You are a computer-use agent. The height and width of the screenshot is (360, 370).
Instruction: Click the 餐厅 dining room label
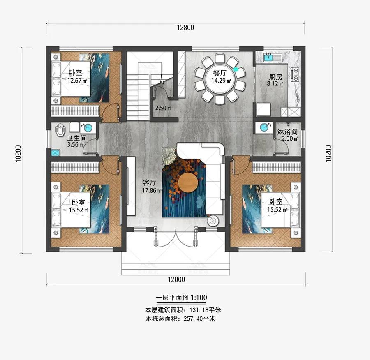point(220,72)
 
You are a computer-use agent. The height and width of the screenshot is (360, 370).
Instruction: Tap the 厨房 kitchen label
point(275,77)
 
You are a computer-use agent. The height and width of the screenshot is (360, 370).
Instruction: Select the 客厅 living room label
point(150,182)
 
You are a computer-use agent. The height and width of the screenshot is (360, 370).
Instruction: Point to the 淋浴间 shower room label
point(287,132)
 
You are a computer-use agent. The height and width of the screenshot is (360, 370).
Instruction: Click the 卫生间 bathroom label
point(76,138)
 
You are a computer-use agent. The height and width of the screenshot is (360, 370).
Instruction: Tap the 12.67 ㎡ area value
point(77,81)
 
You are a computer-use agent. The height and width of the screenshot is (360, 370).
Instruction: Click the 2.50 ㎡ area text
point(163,108)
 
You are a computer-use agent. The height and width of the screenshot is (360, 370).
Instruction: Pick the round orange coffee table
point(188,182)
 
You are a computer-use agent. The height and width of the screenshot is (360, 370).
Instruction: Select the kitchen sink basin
point(268,57)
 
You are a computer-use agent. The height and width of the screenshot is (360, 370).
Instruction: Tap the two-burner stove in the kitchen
point(296,74)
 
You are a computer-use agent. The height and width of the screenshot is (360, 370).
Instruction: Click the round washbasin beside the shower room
point(264,128)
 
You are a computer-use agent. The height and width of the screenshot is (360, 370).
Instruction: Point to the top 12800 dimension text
point(185,28)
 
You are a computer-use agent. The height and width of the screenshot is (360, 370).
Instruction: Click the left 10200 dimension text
point(18,154)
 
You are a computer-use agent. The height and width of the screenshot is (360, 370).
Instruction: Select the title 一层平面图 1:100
point(181,298)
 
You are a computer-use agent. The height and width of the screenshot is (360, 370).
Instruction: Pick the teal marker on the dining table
point(236,69)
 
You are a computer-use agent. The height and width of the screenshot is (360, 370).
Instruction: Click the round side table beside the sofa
point(212,221)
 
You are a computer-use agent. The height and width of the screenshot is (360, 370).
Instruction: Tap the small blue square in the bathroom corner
point(55,153)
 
